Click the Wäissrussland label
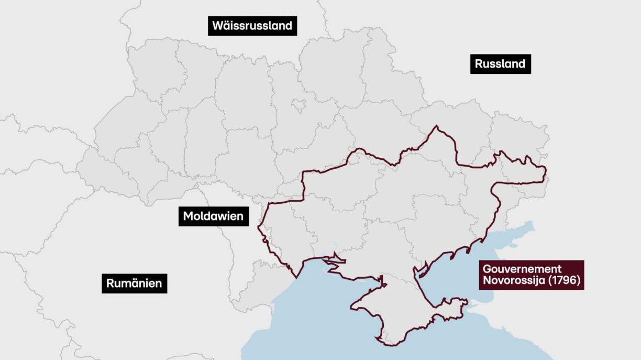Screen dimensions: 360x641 click(252, 26)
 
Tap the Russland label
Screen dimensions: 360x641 click(500, 64)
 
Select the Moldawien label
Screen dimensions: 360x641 click(213, 216)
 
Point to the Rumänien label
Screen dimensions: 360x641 click(134, 284)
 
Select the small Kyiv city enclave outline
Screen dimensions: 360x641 click(299, 106)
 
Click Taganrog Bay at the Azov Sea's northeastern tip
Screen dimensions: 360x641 click(518, 231)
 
